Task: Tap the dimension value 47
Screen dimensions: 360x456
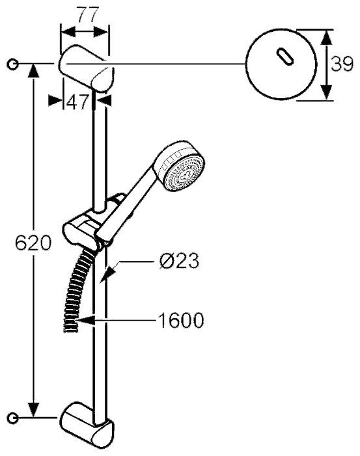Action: pos(77,102)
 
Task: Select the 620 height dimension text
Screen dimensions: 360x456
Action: pos(33,243)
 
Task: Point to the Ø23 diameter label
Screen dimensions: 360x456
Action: pos(179,261)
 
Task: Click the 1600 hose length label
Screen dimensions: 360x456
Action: pos(180,321)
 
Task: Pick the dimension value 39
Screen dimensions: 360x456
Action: pos(342,64)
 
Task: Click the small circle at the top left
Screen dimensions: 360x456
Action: pos(12,64)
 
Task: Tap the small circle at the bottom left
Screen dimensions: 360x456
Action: pos(12,418)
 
